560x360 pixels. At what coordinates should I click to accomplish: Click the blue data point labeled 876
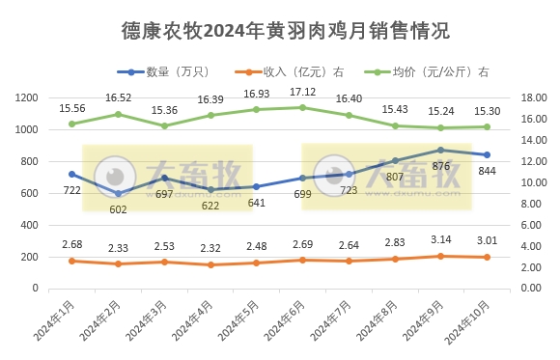point(440,150)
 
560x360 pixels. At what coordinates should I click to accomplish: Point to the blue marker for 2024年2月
point(118,193)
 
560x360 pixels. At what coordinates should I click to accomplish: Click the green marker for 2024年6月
point(302,107)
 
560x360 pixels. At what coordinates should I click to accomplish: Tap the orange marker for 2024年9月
point(440,256)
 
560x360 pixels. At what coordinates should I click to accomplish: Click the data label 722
point(70,190)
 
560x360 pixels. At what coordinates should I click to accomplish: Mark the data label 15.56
point(72,108)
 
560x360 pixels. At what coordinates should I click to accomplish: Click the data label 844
point(488,171)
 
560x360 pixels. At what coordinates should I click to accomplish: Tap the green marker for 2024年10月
point(487,126)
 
